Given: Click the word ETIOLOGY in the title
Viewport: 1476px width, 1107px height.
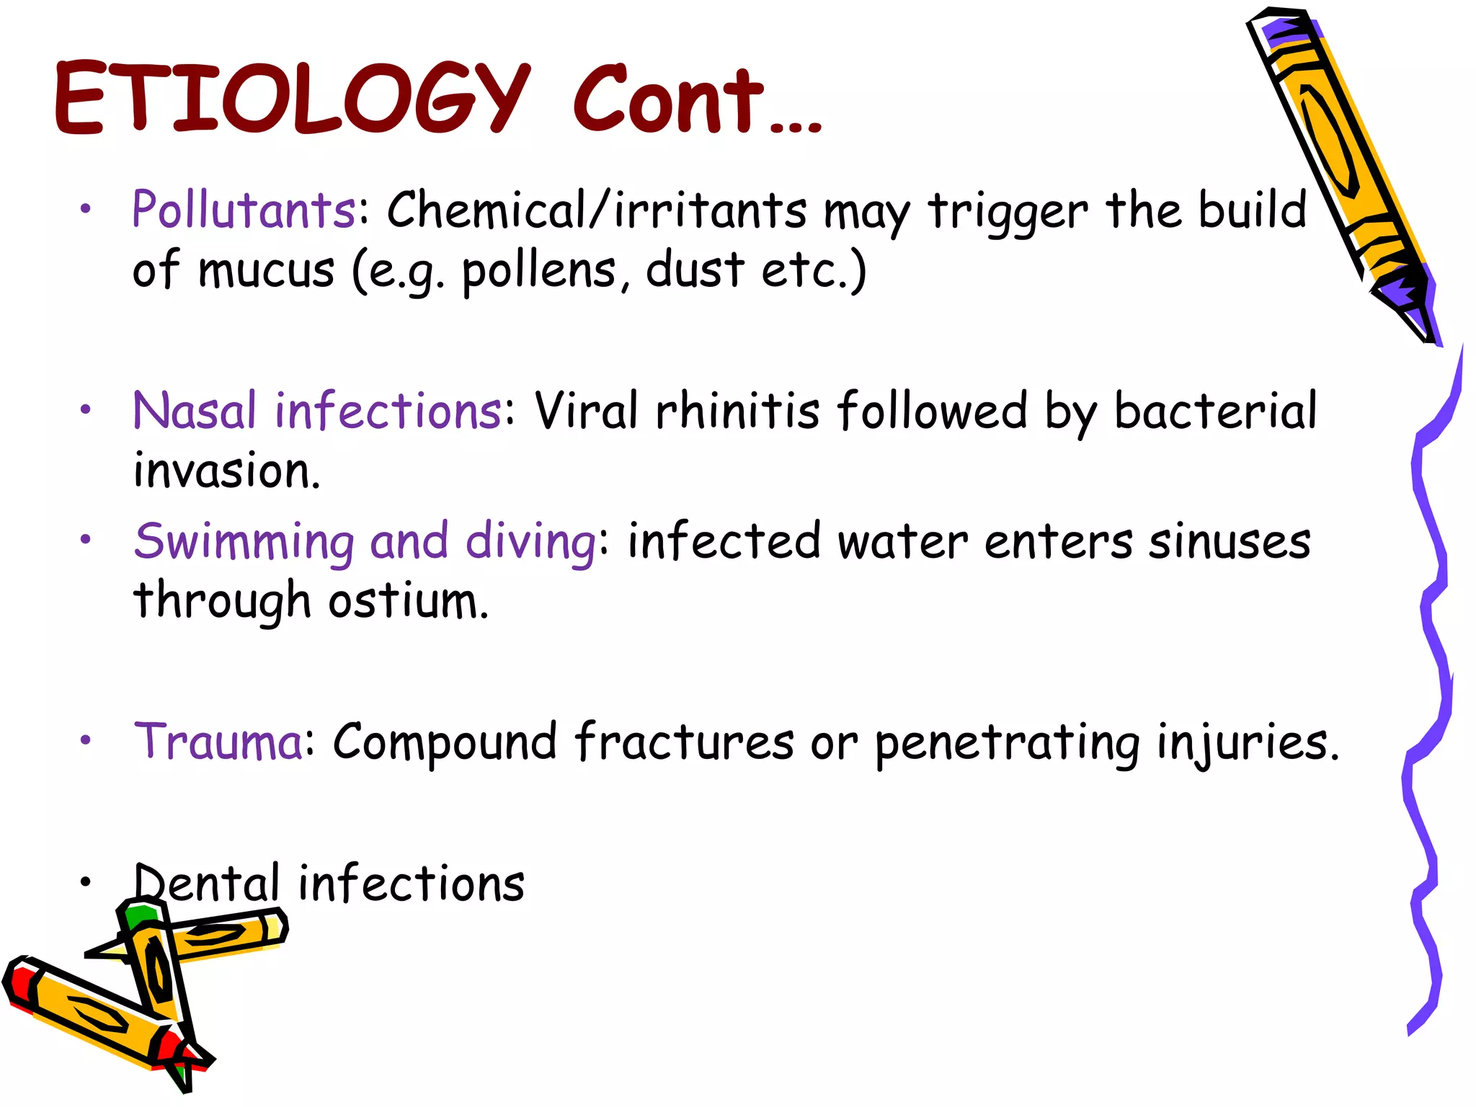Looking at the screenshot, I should tap(292, 99).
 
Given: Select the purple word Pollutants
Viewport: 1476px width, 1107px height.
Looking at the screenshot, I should tap(244, 210).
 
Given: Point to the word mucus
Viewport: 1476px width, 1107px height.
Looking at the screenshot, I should tap(267, 271).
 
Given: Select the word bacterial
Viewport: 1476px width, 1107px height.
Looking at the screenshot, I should tap(1215, 411).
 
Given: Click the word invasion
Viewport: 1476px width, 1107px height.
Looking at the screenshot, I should tap(226, 471).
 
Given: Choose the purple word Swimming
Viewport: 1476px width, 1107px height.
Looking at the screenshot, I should tap(244, 542).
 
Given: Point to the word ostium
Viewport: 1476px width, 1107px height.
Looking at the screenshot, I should tap(408, 601).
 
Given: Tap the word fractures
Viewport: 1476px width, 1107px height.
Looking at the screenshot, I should tap(684, 741).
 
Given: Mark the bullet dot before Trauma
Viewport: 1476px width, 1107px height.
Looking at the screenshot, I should tap(86, 740).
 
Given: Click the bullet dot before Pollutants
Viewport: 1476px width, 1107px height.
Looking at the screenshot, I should tap(86, 209).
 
